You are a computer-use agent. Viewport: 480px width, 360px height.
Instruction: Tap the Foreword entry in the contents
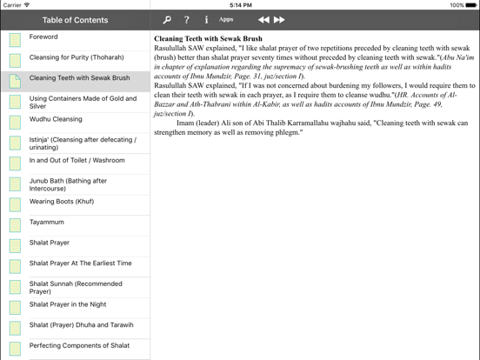tap(43, 37)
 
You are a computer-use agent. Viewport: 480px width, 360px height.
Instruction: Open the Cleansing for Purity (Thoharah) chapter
tap(77, 57)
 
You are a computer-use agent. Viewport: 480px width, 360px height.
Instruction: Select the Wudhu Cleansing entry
tap(56, 119)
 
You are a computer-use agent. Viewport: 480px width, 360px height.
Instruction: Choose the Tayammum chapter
tap(47, 223)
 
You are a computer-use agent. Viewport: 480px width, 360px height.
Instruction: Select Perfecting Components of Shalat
tap(79, 345)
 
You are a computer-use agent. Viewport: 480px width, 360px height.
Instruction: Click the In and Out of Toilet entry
tap(77, 160)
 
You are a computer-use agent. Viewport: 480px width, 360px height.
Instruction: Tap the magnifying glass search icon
tap(167, 19)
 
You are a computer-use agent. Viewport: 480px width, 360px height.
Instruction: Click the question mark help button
tap(186, 19)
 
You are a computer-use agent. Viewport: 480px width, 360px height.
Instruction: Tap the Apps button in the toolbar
tap(226, 19)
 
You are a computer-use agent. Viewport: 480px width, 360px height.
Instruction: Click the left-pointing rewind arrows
tap(263, 19)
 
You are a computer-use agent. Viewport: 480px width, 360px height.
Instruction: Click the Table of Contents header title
tap(76, 20)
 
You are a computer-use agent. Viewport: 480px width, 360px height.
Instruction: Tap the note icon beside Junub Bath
tap(15, 185)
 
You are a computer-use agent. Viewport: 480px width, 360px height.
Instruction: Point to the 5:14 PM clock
tap(240, 4)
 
